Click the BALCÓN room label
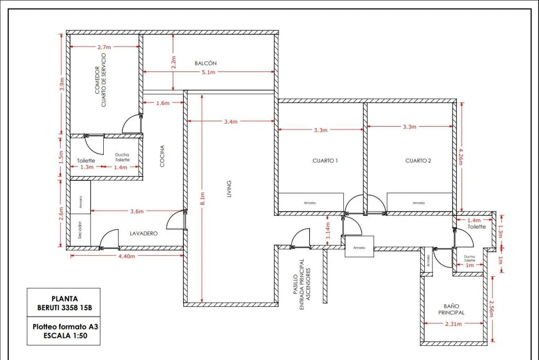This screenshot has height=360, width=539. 205,63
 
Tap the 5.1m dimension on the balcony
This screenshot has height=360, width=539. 208,72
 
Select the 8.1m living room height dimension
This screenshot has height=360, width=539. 203,199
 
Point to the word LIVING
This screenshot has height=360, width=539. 229,189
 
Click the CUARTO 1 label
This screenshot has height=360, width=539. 325,161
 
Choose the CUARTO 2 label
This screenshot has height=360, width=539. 418,161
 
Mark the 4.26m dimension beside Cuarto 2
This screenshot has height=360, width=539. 460,157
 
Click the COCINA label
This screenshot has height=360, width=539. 162,156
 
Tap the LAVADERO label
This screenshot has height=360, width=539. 144,233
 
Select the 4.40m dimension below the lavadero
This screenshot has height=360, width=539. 127,256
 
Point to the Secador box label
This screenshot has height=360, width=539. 80,230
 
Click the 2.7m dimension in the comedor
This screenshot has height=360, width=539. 104,47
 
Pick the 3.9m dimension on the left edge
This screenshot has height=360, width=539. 62,84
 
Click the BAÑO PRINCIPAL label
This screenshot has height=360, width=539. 451,309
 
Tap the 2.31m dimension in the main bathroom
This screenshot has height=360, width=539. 453,324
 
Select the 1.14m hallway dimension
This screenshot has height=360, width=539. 328,230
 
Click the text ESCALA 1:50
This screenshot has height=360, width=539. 65,336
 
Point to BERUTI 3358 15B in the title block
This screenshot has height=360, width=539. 65,308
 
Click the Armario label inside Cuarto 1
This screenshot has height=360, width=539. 310,203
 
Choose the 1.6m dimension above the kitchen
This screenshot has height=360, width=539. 163,103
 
